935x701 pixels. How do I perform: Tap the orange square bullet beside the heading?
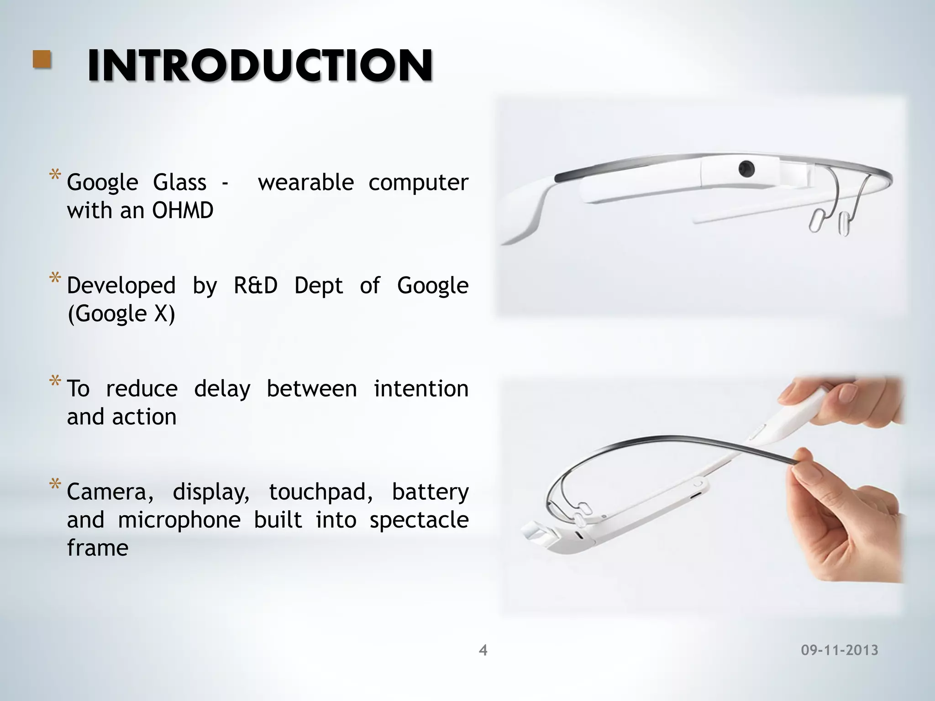pos(42,60)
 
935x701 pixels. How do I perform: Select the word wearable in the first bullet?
pos(306,183)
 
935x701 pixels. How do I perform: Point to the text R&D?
pos(256,286)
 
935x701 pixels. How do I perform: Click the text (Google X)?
pos(121,314)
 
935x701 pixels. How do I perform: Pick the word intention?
pos(421,389)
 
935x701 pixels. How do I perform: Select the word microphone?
pos(179,520)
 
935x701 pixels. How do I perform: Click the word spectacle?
pos(419,520)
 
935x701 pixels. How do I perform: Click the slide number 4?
pos(483,650)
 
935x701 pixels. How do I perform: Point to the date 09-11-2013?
pos(839,650)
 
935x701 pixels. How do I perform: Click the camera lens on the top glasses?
pos(746,169)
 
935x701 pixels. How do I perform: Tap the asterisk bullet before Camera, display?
pos(55,485)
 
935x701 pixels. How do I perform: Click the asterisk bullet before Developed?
pos(55,278)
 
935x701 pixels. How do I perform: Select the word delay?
pos(222,389)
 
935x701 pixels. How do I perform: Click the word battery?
pos(430,492)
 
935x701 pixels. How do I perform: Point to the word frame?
pos(98,548)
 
